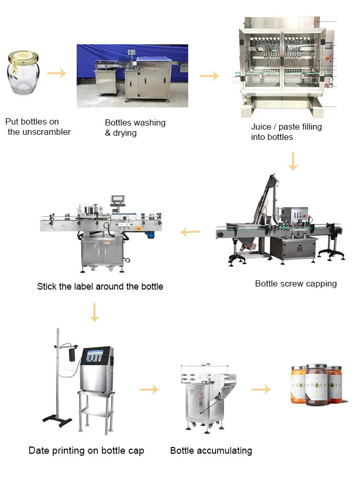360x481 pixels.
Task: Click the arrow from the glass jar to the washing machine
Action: tap(57, 73)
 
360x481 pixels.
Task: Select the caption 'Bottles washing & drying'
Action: tap(135, 128)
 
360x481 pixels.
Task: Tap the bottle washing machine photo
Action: tap(132, 76)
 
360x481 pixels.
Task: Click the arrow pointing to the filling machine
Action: tap(209, 76)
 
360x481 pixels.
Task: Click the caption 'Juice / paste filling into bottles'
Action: tap(286, 132)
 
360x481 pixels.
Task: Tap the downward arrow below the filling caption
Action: tap(293, 161)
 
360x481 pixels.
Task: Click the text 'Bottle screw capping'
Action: tap(296, 283)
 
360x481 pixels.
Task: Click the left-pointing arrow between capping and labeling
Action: tap(190, 233)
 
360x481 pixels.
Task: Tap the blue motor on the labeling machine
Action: tap(150, 234)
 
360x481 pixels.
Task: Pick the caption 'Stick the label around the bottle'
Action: tap(100, 286)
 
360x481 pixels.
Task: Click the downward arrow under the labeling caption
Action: tap(94, 312)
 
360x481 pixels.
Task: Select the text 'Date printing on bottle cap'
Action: tap(86, 451)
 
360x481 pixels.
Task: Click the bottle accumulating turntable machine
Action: tap(206, 396)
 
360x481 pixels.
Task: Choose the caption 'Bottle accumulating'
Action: tap(211, 451)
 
